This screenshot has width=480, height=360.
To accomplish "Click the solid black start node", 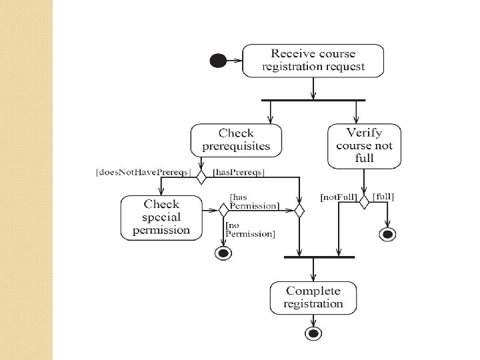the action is (x=218, y=60).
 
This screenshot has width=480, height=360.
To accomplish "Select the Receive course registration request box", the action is (x=313, y=61).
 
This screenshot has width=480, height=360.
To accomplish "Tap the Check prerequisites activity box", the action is (x=236, y=140).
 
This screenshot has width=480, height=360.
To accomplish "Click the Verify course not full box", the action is (x=364, y=146).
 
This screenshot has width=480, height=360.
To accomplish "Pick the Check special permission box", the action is (x=161, y=217).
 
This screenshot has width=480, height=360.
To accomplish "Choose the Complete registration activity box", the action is (x=313, y=298).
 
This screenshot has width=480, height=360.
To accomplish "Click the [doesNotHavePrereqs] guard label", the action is (x=143, y=172).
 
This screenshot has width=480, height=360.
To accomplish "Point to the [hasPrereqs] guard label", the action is (x=239, y=173).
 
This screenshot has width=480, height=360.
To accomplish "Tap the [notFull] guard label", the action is (x=339, y=197).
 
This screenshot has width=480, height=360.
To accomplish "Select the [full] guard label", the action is (x=383, y=197).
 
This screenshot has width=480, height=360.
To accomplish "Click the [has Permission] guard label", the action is (x=255, y=201).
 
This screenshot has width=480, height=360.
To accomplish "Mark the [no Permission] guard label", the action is (x=250, y=229).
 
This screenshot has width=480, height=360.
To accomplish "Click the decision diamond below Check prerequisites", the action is (x=201, y=177).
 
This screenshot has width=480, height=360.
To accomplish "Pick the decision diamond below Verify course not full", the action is (x=364, y=202).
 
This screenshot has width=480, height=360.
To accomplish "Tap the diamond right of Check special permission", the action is (x=223, y=210).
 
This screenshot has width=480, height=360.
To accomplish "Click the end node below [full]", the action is (x=387, y=235).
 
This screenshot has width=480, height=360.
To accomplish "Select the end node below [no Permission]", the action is (x=223, y=253).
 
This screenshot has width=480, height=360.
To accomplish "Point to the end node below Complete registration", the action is (x=313, y=333).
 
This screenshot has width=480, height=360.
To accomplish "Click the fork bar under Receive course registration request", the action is (x=313, y=100).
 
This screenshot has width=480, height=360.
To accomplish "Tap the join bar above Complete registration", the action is (x=319, y=257).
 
